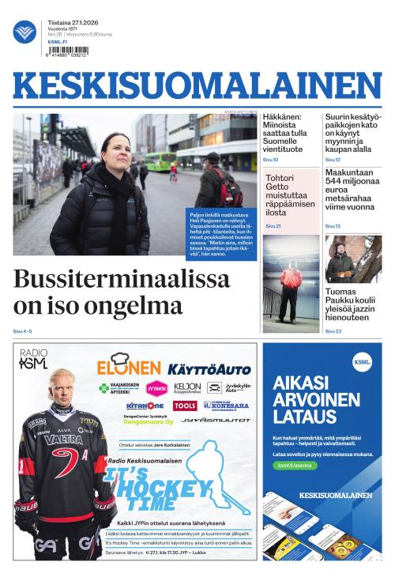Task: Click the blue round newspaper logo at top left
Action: (x=24, y=32)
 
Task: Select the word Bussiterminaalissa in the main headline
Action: (x=122, y=279)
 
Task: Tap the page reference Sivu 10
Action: (x=270, y=160)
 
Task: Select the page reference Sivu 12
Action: (x=333, y=160)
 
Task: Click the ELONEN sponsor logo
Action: (x=128, y=367)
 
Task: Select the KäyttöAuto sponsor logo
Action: (x=209, y=368)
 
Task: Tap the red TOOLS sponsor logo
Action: (x=185, y=406)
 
